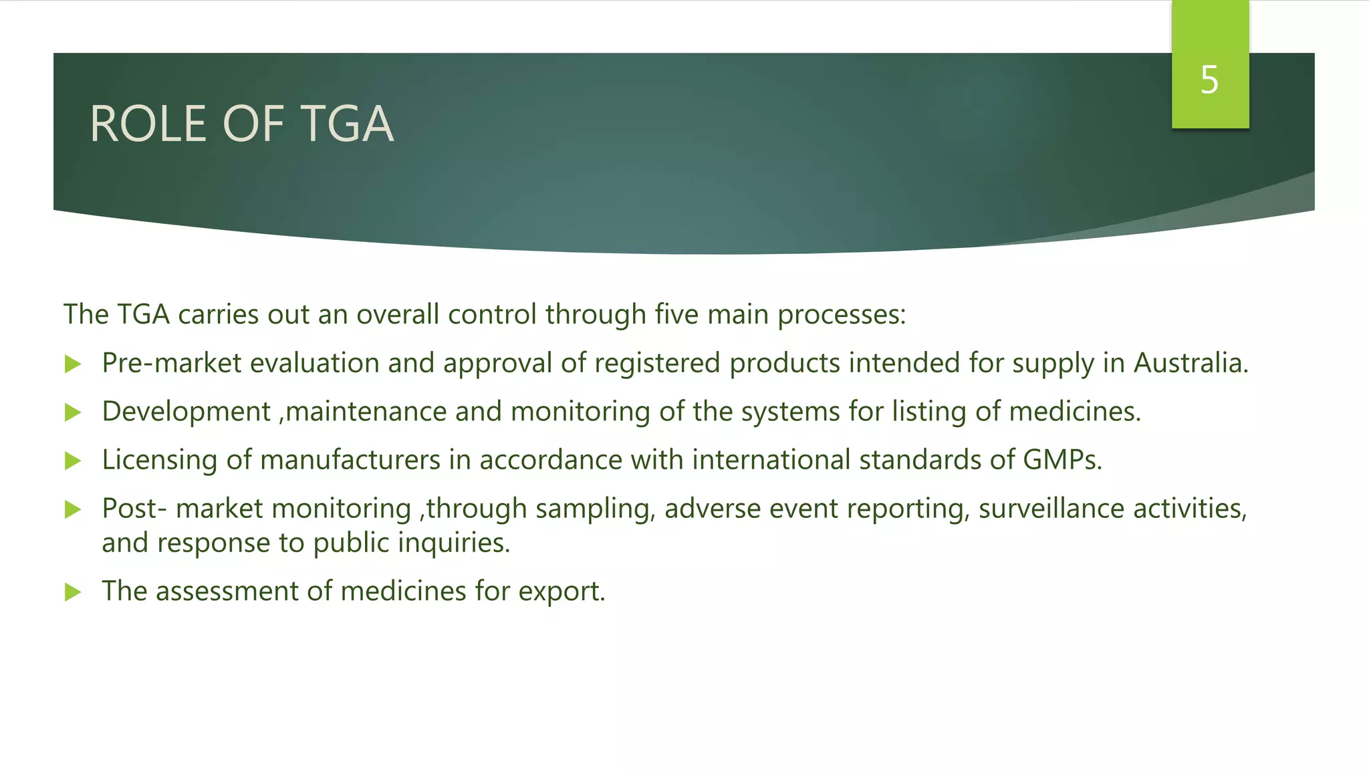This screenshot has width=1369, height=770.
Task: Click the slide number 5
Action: (1209, 80)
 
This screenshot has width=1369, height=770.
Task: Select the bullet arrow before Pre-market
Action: (73, 364)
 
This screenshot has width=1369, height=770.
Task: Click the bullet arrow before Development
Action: (73, 412)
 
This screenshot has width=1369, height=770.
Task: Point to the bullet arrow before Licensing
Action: (73, 461)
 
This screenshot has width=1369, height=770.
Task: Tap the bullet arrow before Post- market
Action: (73, 510)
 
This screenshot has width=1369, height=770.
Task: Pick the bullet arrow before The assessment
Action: (73, 592)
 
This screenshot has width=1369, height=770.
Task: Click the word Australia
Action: (1191, 363)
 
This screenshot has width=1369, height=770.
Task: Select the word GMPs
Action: (1062, 460)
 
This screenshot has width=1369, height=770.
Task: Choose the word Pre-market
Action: (171, 363)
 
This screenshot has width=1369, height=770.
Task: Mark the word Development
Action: (186, 412)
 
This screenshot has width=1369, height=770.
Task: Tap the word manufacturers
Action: (350, 460)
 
